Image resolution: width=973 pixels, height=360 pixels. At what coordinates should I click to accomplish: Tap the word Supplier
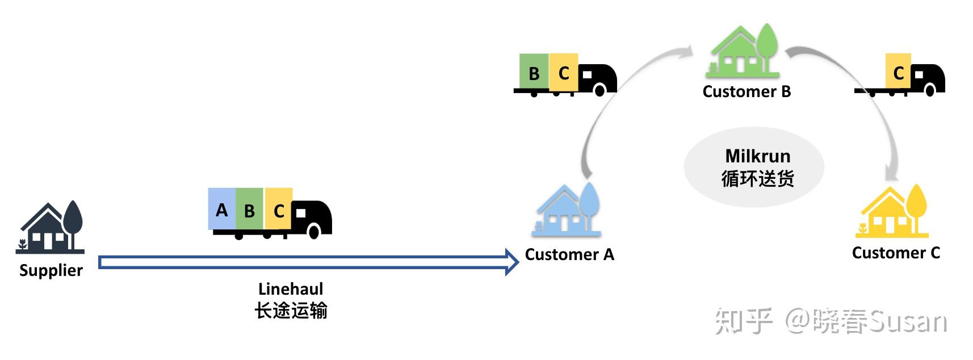click(51, 270)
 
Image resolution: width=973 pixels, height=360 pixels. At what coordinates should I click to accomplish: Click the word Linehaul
click(291, 289)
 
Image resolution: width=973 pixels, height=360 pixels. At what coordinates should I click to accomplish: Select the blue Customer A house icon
click(566, 210)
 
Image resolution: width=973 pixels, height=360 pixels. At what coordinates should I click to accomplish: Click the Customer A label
click(569, 254)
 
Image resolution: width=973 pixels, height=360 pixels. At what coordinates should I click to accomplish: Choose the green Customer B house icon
click(744, 51)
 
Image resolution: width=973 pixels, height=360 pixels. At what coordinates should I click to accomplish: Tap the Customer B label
click(746, 91)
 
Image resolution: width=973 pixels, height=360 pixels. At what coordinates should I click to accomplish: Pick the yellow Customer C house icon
click(892, 211)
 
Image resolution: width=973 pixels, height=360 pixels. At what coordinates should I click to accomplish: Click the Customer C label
click(896, 253)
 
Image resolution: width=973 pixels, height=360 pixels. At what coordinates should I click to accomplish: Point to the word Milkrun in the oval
click(758, 156)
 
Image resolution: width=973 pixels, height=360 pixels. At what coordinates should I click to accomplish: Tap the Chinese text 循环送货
click(758, 178)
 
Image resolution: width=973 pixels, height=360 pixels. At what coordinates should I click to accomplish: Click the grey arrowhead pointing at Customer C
click(891, 174)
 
